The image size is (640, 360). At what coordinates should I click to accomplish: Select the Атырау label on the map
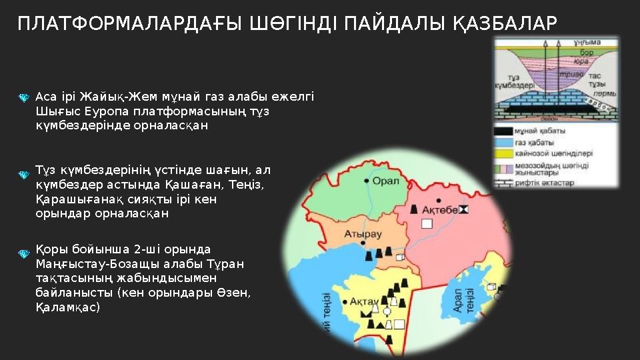coord(363,234)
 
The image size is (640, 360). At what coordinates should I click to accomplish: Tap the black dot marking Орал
coord(367,181)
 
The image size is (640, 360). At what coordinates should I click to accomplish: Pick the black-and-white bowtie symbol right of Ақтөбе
coord(465,210)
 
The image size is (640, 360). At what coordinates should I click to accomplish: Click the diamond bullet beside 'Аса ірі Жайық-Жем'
coord(23,98)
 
